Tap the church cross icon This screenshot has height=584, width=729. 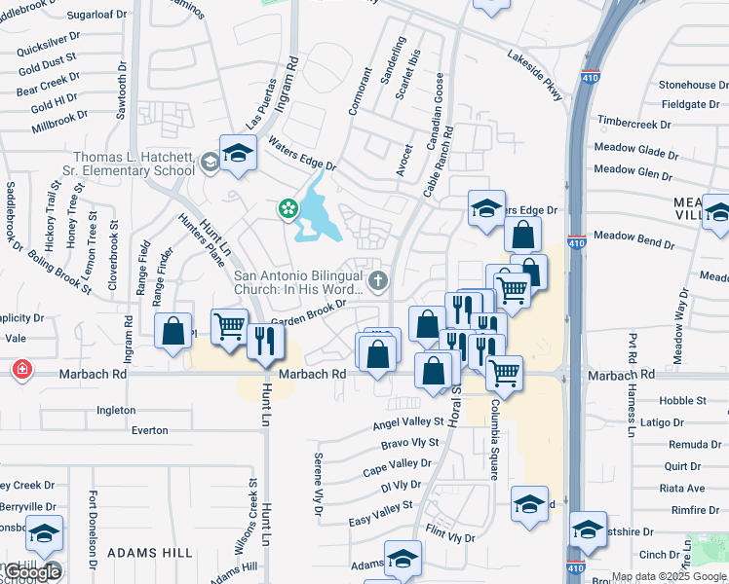tap(378, 282)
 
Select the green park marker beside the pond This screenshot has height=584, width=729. tap(288, 208)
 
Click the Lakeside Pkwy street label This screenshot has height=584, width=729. tap(534, 74)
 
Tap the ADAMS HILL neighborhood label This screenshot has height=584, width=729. tap(149, 552)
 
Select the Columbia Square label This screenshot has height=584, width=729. tap(495, 438)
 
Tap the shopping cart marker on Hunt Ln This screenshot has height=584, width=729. tap(230, 326)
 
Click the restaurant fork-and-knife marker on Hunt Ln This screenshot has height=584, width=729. tap(264, 340)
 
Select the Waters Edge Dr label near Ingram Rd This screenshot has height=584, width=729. tap(301, 153)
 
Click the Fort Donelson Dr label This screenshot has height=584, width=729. tap(94, 529)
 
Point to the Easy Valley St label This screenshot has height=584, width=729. tap(381, 513)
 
